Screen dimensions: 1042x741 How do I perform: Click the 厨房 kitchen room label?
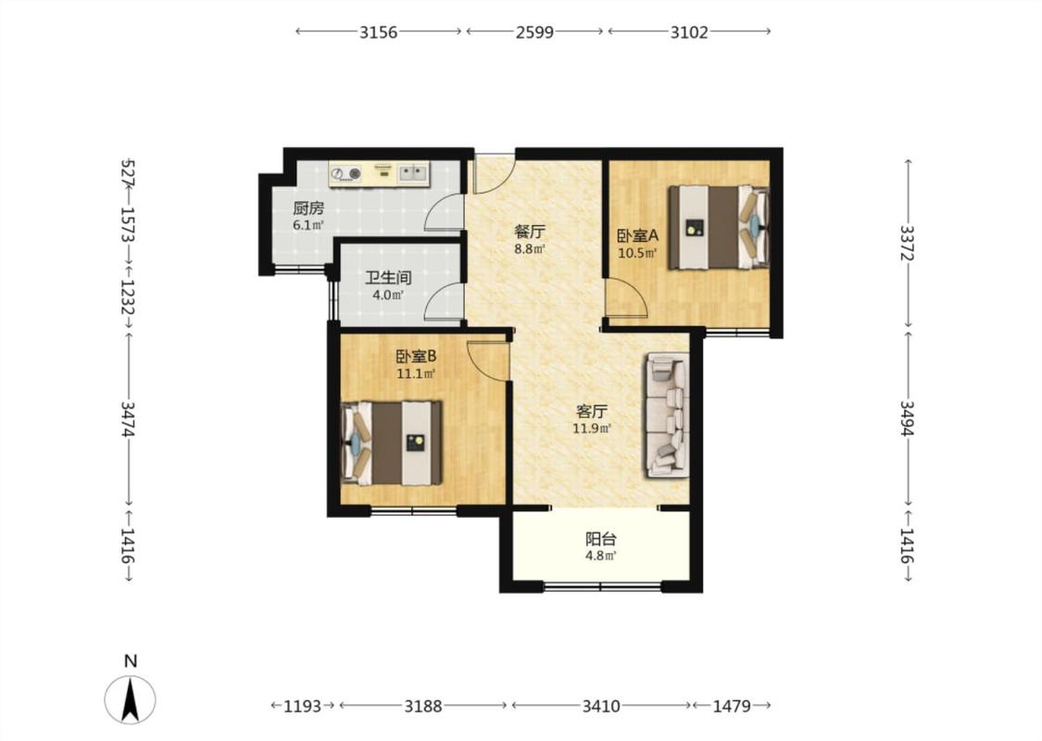click(309, 208)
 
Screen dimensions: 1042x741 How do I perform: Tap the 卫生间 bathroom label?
click(388, 278)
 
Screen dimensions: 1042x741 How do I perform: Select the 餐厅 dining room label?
click(530, 232)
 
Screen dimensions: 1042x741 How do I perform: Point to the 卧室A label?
click(637, 236)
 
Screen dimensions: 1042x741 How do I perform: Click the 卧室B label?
click(416, 357)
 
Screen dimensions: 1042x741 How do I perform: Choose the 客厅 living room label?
click(592, 411)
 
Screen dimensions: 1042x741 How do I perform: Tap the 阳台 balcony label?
click(601, 539)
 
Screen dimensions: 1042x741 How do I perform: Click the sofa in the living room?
click(665, 415)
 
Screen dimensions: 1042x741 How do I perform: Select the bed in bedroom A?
click(719, 227)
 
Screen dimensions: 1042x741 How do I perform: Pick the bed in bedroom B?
click(392, 443)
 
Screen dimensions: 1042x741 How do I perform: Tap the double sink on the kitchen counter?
click(412, 173)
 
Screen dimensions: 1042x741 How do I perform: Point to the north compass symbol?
click(131, 697)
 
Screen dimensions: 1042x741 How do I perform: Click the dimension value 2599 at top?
click(534, 31)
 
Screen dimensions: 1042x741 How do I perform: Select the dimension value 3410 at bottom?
click(601, 706)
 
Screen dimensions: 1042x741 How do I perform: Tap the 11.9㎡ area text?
click(592, 429)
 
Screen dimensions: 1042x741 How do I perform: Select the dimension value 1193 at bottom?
click(302, 706)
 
